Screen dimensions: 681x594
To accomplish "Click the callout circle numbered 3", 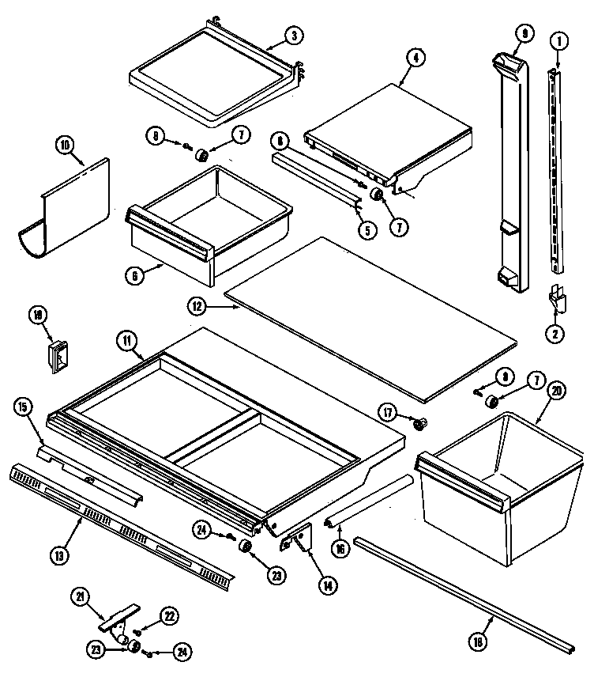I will click(292, 35).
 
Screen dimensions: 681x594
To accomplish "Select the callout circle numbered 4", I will click(414, 57).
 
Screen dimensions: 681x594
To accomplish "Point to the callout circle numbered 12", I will click(199, 304).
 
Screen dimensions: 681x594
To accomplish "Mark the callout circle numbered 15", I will click(23, 407).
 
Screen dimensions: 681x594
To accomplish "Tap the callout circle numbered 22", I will click(168, 615).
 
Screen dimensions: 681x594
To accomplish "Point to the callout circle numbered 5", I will click(367, 232).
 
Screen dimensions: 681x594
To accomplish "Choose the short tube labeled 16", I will click(371, 500).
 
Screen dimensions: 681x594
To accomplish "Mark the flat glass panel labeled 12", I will click(371, 316).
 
